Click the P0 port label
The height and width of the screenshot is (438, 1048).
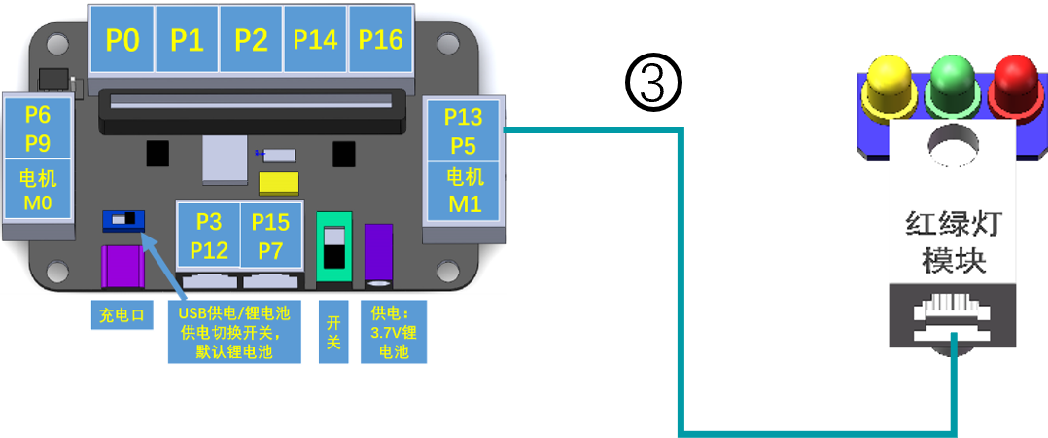pos(122,39)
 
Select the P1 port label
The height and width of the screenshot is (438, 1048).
pos(187,39)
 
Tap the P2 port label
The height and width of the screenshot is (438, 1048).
pos(251,39)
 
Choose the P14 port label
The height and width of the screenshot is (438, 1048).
pos(315,39)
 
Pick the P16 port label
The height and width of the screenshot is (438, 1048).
pos(380,39)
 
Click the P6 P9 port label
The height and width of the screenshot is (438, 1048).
pos(38,128)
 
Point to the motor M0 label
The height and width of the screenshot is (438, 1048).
pos(38,189)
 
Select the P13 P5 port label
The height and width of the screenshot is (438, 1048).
pos(464,129)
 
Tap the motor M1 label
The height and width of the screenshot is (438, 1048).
pos(464,190)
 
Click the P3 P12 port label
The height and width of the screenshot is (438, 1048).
pos(209,236)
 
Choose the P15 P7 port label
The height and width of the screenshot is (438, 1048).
pos(270,236)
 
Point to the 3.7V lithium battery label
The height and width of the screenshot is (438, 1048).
pos(394,331)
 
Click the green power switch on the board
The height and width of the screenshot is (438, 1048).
pos(333,247)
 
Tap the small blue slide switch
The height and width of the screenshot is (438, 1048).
pos(123,220)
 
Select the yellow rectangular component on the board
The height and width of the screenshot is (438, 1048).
pos(279,184)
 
